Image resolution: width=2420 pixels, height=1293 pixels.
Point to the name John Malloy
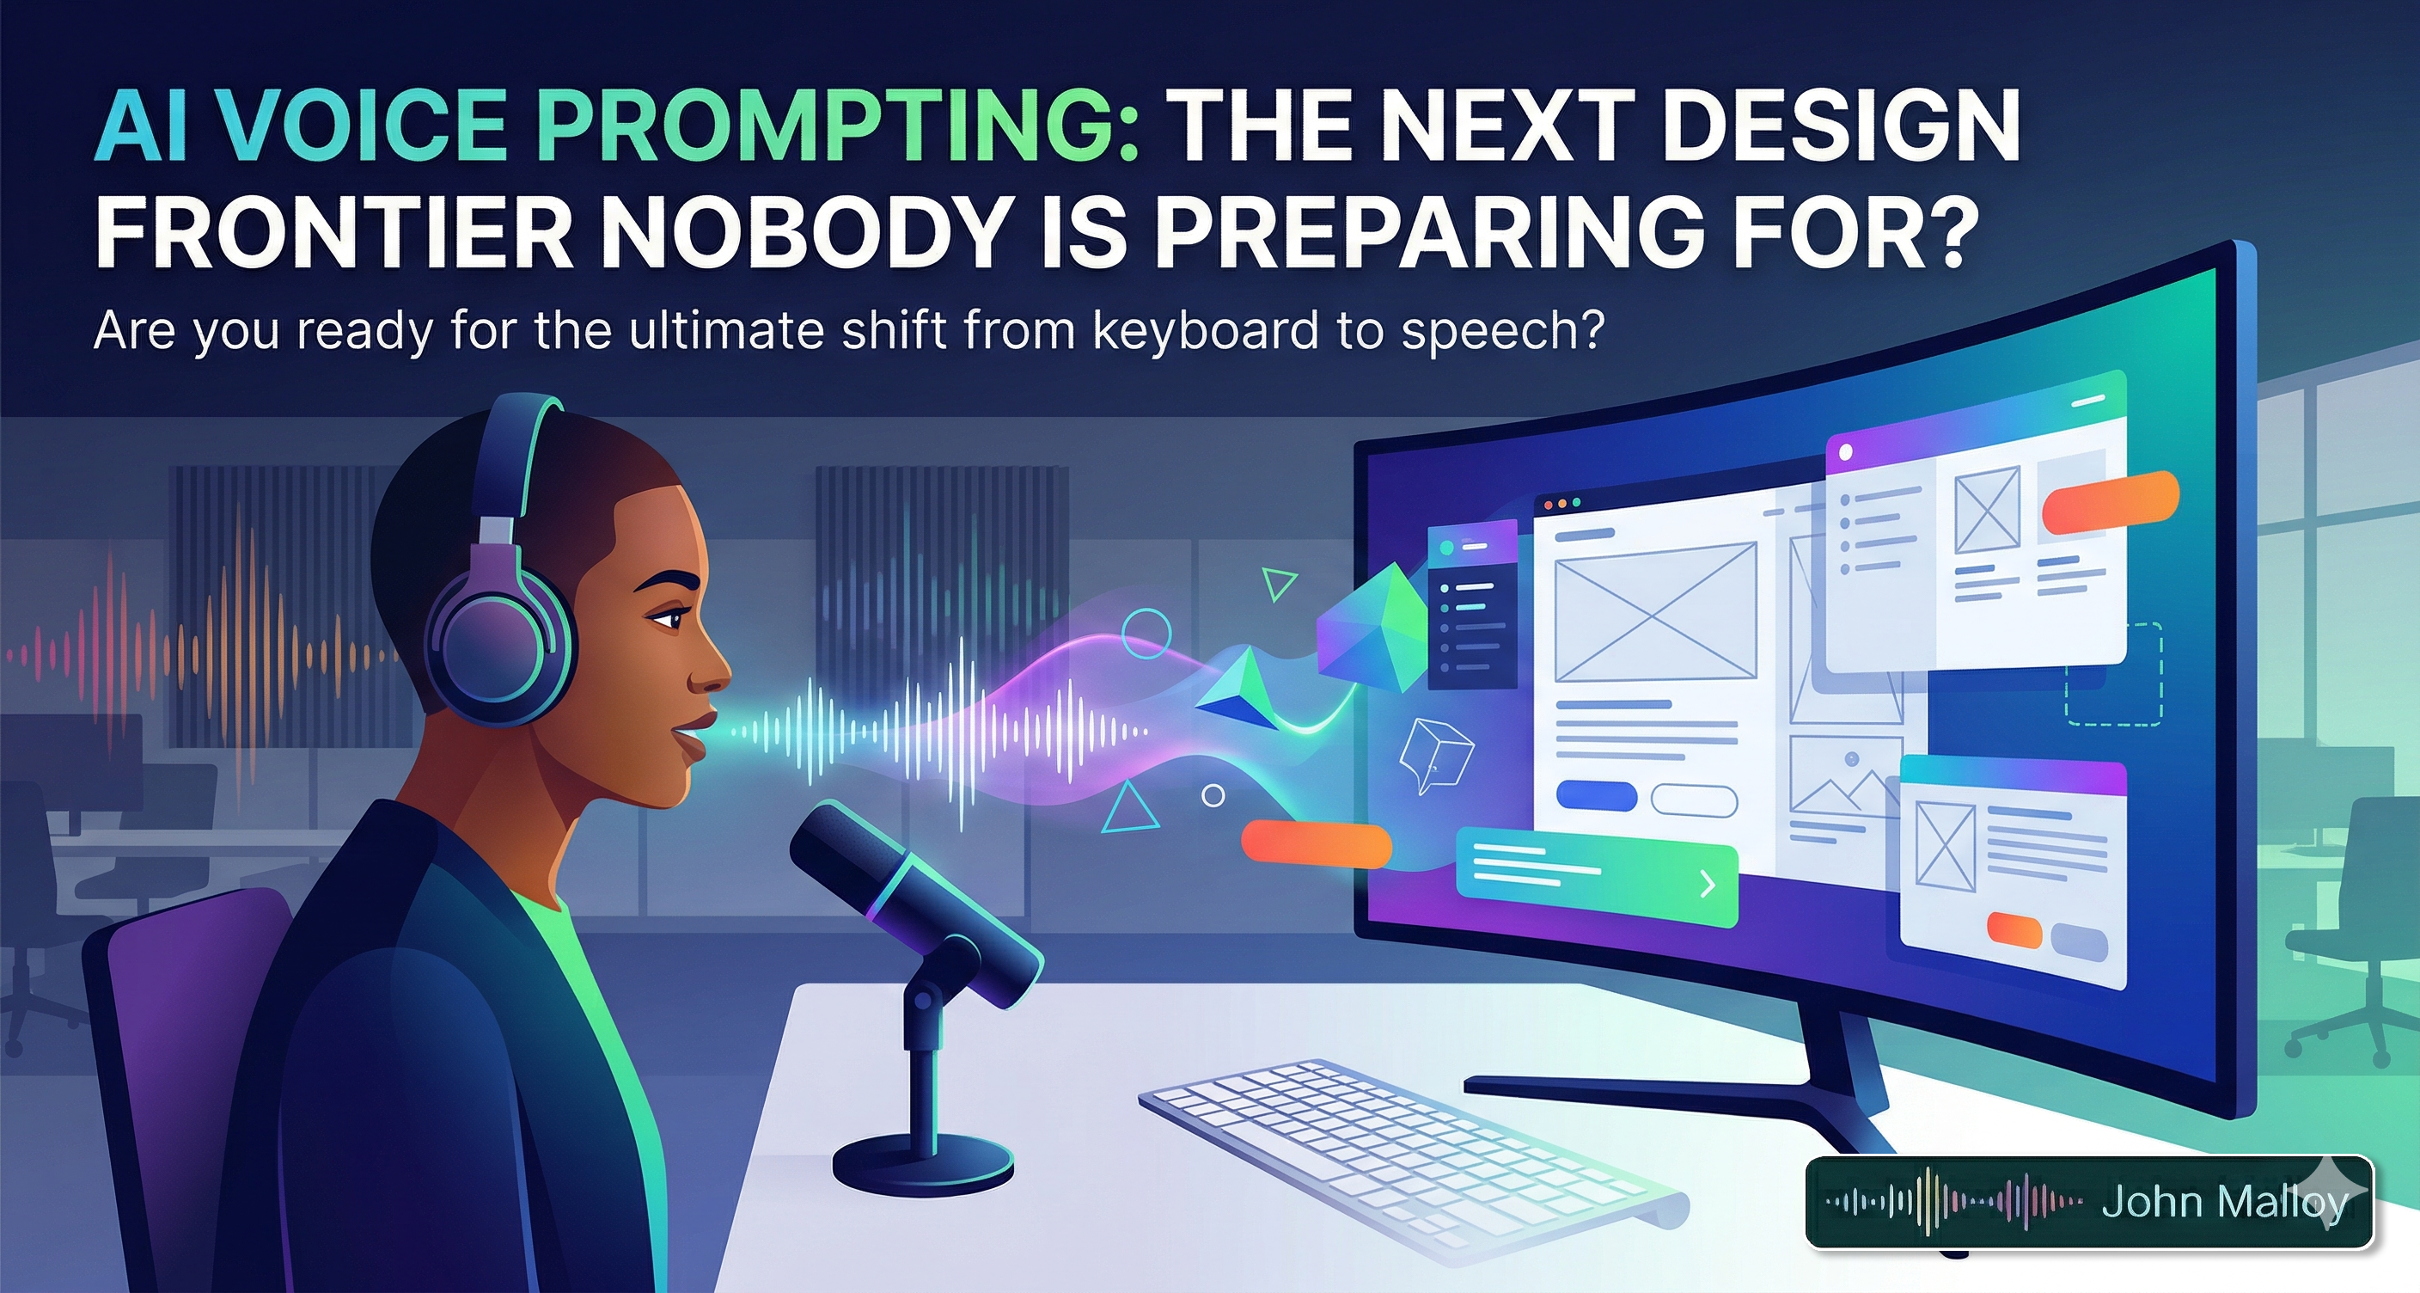click(2224, 1202)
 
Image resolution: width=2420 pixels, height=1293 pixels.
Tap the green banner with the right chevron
click(1596, 883)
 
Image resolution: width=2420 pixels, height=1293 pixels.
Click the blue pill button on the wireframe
click(1596, 797)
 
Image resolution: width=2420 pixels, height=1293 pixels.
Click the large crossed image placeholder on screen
click(1655, 610)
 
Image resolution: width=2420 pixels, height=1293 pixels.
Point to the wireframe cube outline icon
click(1434, 757)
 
